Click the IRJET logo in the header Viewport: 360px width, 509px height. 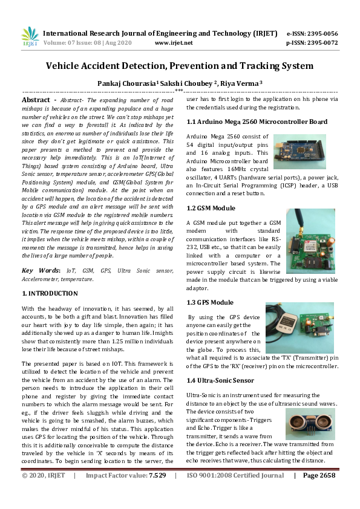[30, 37]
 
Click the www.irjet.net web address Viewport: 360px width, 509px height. [174, 43]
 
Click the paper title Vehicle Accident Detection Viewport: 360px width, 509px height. [180, 65]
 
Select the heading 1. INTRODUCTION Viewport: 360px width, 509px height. [50, 293]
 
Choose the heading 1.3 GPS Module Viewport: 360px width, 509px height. [209, 302]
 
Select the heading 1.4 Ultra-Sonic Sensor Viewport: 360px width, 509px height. [220, 380]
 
